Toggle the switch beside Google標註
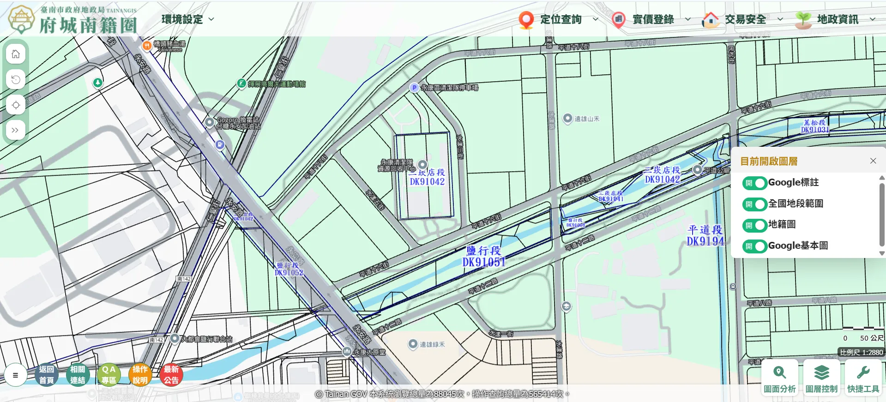coord(754,183)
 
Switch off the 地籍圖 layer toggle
coord(754,225)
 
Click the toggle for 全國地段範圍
coord(754,204)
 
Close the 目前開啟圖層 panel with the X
coord(873,161)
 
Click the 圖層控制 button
coord(821,378)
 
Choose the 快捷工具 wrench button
coord(863,378)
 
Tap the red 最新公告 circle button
coord(171,374)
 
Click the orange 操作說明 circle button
coord(140,374)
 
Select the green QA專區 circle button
coord(108,374)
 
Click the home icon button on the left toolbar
coord(16,54)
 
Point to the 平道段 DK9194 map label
coord(705,235)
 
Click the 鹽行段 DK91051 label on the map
coord(483,257)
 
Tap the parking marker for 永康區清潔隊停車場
coord(414,88)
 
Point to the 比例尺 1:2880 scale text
coord(861,352)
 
